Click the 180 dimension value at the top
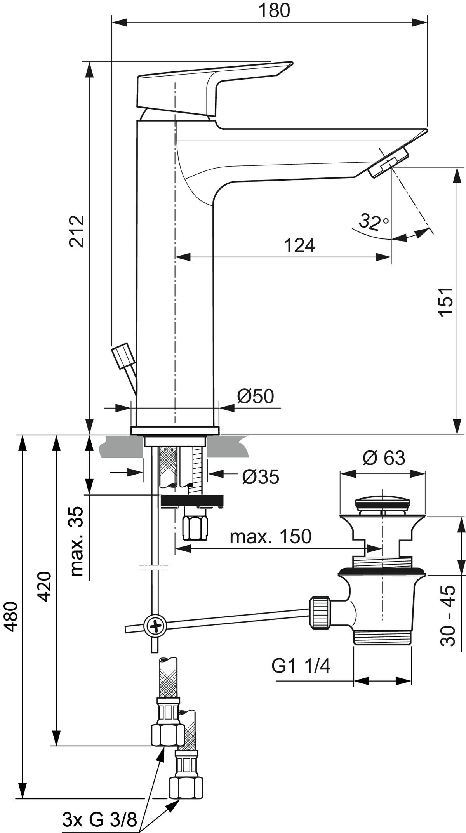click(275, 10)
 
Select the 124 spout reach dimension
click(299, 245)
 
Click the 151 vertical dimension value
click(447, 303)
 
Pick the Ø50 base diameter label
click(256, 397)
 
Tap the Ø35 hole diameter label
click(260, 477)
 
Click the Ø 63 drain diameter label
click(384, 458)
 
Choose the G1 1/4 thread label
click(301, 666)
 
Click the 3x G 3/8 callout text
click(99, 819)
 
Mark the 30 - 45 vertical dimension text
click(448, 616)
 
